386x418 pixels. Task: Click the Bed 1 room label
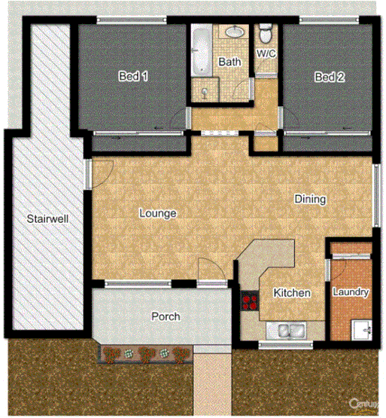(132, 77)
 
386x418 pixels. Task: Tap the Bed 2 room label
(328, 77)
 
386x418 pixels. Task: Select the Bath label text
(228, 63)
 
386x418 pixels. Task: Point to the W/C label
(266, 54)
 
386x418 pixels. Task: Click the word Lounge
(158, 214)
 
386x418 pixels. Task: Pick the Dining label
(310, 200)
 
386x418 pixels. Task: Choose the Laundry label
(350, 292)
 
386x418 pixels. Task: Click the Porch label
(166, 316)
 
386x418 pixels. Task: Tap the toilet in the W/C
(266, 36)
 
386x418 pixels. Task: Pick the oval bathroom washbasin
(235, 32)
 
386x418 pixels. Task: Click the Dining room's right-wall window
(376, 194)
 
